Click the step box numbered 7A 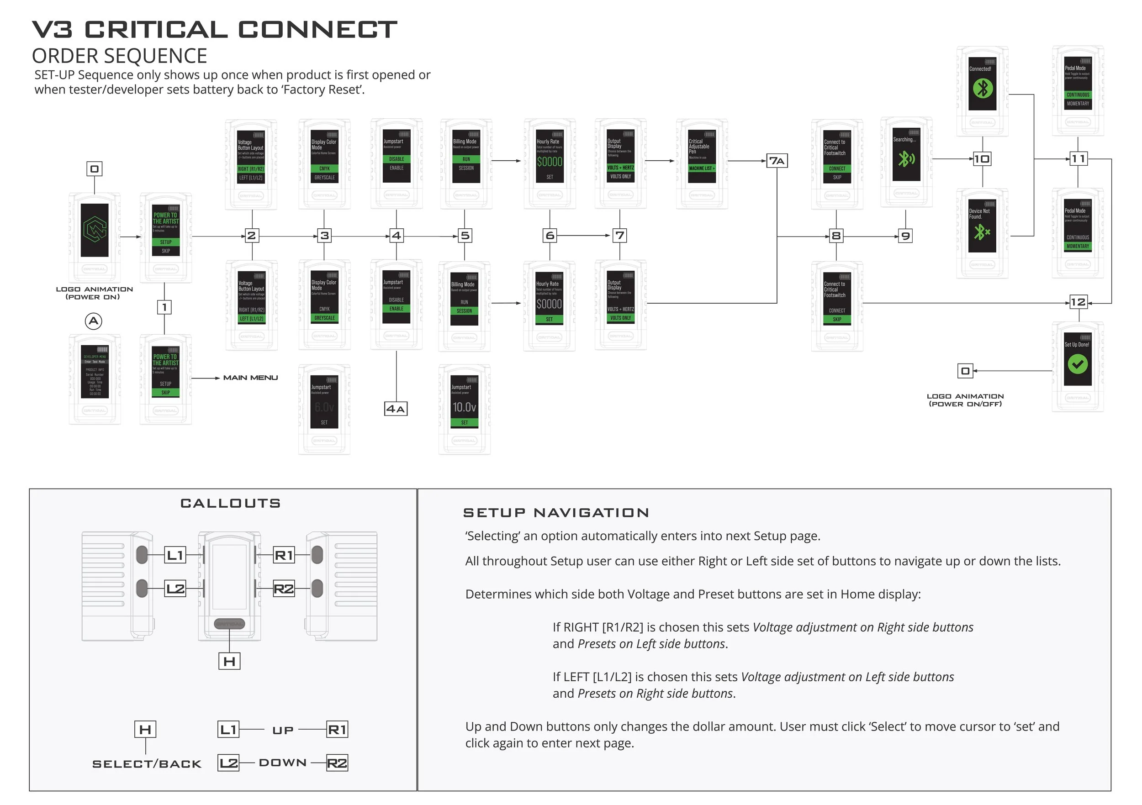tap(777, 161)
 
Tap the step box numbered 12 tap(1078, 302)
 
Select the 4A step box tap(396, 409)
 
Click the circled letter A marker tap(94, 321)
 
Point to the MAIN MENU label tap(250, 378)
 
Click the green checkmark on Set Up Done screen tap(1077, 364)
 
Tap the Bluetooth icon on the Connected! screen tap(982, 89)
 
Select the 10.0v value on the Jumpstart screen tap(464, 407)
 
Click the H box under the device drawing tap(229, 661)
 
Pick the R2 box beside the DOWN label tap(337, 763)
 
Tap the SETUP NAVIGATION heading tap(555, 513)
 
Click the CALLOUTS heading tap(230, 503)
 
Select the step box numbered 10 tap(982, 159)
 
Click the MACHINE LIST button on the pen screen tap(701, 168)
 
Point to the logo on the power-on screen tap(95, 230)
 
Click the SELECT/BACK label tap(147, 764)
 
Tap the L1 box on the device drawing tap(175, 555)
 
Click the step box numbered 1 tap(164, 307)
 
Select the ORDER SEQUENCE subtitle tap(119, 56)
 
